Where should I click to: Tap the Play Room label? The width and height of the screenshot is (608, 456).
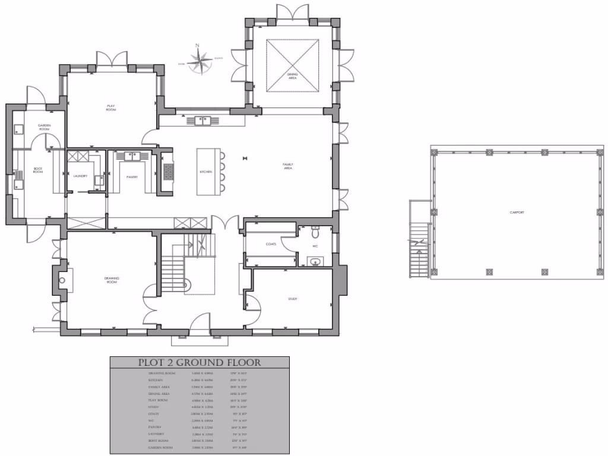click(110, 108)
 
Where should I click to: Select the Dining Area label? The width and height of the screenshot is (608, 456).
click(292, 76)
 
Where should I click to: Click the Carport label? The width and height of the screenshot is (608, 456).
click(517, 212)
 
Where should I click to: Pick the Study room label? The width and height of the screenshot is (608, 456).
click(292, 299)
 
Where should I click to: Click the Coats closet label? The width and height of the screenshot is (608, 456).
click(271, 244)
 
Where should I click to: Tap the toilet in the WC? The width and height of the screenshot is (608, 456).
click(315, 229)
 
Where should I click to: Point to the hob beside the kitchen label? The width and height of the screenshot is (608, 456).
click(168, 172)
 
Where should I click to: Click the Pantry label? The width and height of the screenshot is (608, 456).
click(132, 176)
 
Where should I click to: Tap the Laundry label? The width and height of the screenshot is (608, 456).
click(80, 176)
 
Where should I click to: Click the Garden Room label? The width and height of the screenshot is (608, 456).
click(44, 127)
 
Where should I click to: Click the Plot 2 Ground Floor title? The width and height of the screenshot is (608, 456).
click(199, 363)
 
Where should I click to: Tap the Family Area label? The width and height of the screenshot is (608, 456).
click(287, 167)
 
